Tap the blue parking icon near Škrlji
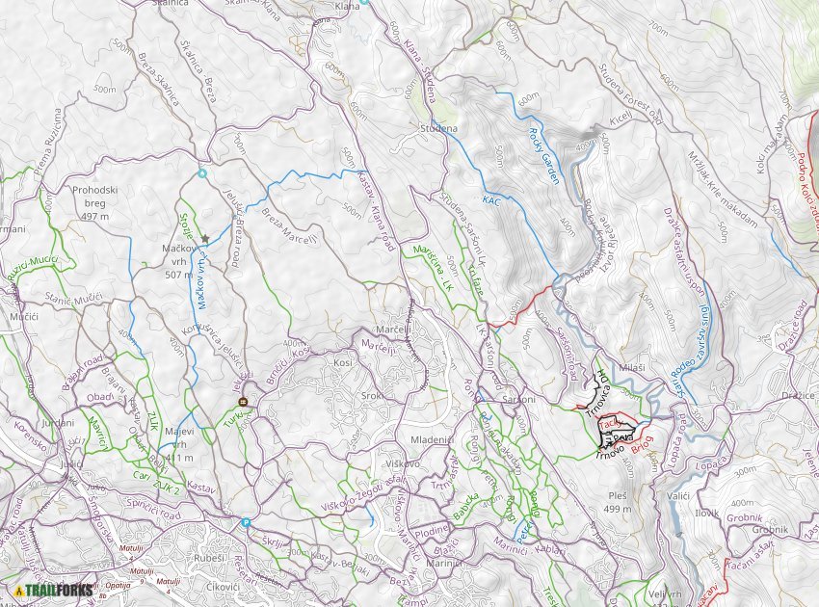246,523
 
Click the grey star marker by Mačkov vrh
204,238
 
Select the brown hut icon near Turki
243,402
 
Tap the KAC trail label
491,200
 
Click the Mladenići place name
432,439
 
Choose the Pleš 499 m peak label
617,501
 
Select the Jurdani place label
59,424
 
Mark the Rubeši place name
208,559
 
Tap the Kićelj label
619,117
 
